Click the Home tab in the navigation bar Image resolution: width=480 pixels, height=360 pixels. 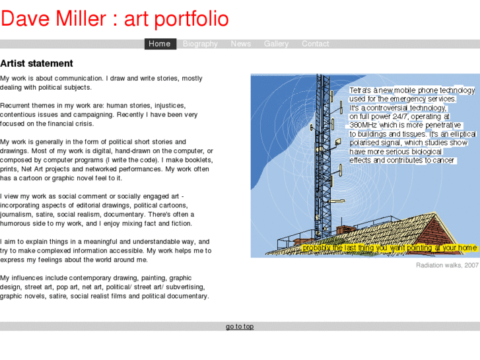(160, 44)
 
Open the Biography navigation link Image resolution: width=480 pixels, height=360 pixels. (200, 44)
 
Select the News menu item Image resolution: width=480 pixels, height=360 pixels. (240, 44)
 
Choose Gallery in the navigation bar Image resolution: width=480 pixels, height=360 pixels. (276, 44)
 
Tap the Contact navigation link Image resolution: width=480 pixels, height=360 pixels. (315, 44)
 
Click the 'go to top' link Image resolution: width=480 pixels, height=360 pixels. (240, 326)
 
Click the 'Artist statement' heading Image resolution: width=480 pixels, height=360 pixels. (36, 64)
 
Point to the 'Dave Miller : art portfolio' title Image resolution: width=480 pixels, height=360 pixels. (115, 18)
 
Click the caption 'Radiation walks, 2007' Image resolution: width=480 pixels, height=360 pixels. (447, 266)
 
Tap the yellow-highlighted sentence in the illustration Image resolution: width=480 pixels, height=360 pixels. (390, 248)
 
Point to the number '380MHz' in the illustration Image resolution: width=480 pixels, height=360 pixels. (364, 125)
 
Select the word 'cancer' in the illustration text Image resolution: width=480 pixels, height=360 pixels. (444, 161)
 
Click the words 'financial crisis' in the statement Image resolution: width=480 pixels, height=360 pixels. (69, 124)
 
